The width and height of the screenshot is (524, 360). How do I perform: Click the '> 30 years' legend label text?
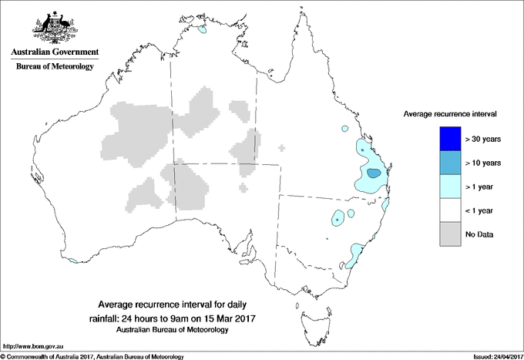485,139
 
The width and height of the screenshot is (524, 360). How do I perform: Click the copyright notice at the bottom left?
92,356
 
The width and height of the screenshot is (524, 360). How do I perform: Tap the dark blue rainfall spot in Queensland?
373,173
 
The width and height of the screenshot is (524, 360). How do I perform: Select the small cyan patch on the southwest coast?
72,261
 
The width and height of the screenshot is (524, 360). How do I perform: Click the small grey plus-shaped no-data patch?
281,147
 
